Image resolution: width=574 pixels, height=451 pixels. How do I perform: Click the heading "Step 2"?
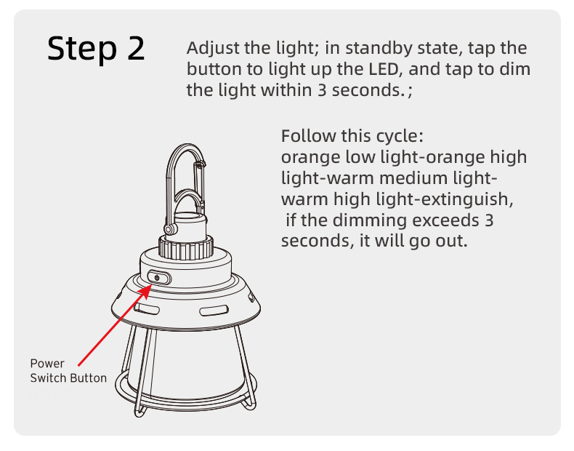(96, 49)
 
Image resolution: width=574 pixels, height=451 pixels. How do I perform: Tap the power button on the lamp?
(159, 278)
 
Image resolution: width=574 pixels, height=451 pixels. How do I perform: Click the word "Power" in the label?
(47, 364)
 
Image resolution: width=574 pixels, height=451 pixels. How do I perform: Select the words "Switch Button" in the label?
(68, 378)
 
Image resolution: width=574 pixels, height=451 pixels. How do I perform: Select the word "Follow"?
(308, 136)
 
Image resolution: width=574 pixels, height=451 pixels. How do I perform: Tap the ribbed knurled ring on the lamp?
(186, 247)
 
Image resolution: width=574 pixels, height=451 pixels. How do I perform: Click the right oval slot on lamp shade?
(214, 311)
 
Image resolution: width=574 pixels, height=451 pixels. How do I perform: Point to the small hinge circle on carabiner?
(170, 230)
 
